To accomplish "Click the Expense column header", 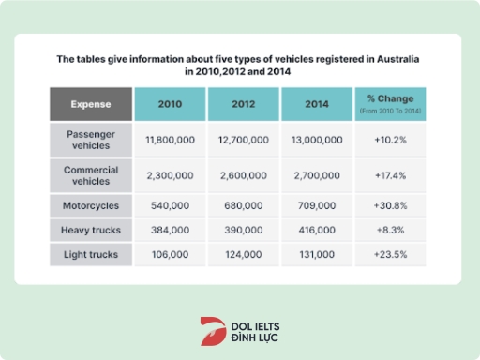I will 90,104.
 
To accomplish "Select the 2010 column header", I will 169,104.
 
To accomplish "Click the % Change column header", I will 390,104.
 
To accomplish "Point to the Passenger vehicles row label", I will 90,139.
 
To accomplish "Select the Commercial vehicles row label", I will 90,174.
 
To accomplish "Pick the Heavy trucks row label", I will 90,230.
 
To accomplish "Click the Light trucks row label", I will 90,254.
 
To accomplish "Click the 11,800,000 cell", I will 169,139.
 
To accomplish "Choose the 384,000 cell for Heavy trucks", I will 169,230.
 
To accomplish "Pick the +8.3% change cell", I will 390,230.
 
